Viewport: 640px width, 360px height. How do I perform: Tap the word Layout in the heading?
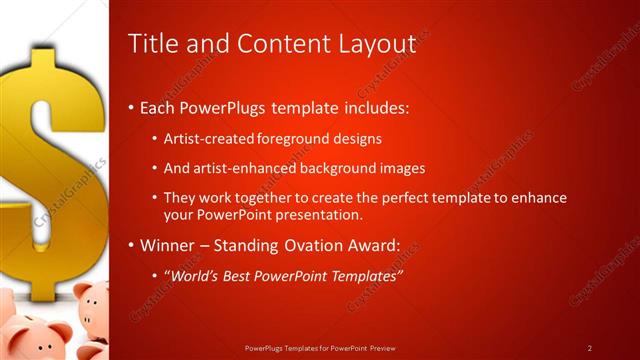(376, 43)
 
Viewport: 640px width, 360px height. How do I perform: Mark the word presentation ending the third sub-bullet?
(314, 214)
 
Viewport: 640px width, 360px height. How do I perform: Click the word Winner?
(167, 244)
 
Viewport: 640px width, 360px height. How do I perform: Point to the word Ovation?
(310, 244)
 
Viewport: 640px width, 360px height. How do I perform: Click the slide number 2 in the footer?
(590, 348)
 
